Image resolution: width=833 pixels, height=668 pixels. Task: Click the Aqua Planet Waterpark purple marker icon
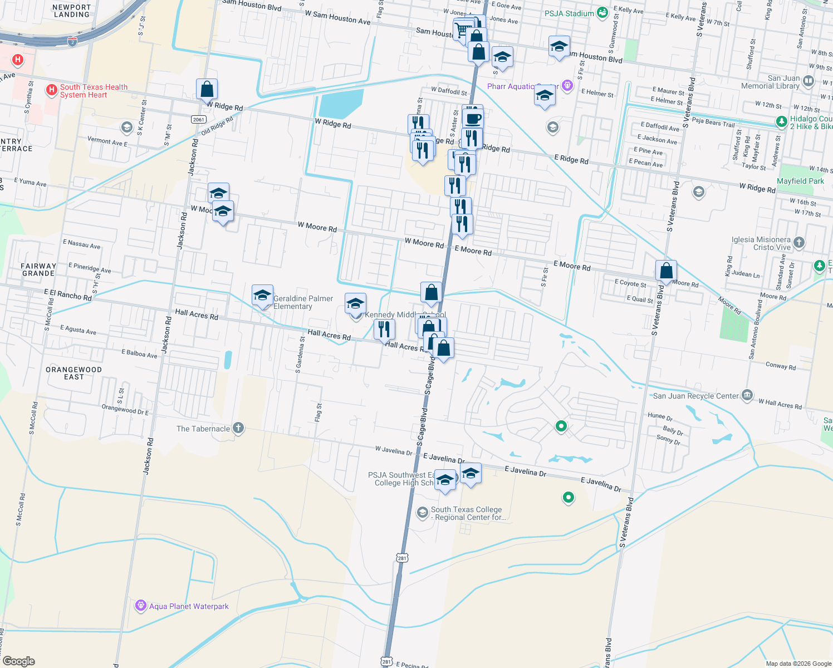141,606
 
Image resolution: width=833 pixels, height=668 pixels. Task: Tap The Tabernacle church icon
238,428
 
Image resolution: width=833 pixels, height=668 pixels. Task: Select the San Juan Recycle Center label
695,396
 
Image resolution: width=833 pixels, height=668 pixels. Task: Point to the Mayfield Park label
800,181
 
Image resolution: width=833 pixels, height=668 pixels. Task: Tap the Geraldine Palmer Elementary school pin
262,295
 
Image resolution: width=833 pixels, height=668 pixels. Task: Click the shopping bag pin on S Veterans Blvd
666,271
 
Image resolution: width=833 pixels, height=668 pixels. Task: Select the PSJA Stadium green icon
602,13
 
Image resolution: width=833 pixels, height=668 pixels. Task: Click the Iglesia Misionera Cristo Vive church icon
799,242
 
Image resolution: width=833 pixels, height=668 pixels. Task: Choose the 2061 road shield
199,119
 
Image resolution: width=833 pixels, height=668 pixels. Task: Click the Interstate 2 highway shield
72,42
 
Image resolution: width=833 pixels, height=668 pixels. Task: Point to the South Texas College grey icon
423,512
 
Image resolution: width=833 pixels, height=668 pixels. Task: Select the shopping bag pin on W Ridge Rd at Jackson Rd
207,89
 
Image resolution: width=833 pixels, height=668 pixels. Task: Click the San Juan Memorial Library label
770,82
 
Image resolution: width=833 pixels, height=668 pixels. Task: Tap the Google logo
19,661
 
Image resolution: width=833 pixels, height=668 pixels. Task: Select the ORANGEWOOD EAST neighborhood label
73,373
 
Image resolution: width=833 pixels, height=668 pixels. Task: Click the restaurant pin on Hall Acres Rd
384,329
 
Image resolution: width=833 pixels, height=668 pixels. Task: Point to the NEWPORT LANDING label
71,11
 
